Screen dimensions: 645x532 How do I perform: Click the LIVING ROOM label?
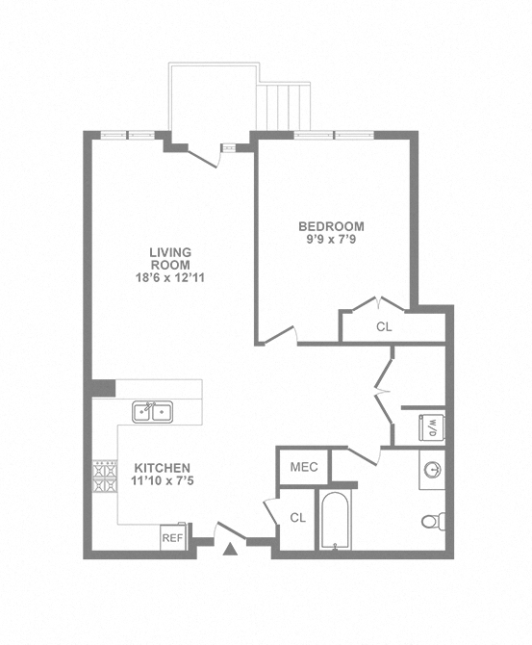[169, 258]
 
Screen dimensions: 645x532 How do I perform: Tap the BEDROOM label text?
[331, 226]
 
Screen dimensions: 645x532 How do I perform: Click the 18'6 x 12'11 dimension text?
[169, 278]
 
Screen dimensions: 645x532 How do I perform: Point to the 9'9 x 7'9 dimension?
[331, 240]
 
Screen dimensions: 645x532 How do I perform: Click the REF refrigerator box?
[172, 538]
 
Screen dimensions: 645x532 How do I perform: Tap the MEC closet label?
[303, 467]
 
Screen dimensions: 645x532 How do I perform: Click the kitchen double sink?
[152, 412]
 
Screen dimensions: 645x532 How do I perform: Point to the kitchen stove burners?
[104, 477]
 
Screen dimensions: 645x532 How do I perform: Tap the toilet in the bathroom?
[433, 522]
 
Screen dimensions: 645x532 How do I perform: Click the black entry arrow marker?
[229, 550]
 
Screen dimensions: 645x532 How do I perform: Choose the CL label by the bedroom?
[384, 326]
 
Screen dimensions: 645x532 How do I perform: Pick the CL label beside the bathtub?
[297, 518]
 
